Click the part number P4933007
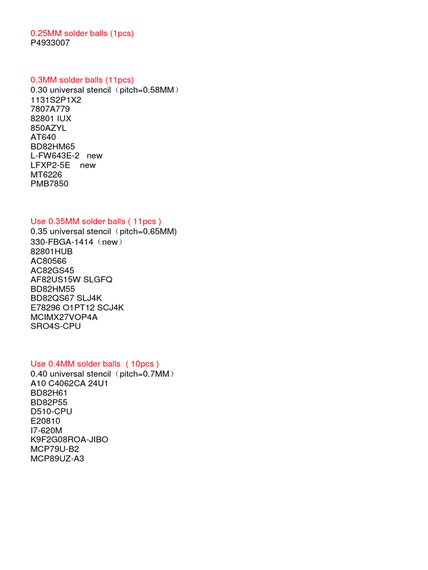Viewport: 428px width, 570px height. (50, 43)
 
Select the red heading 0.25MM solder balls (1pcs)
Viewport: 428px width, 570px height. (82, 33)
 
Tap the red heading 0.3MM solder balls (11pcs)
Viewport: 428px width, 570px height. (82, 80)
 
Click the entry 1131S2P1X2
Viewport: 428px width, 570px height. (56, 100)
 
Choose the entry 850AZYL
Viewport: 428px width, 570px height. (48, 127)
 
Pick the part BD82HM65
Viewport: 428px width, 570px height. (53, 146)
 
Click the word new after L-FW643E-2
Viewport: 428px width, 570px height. (95, 156)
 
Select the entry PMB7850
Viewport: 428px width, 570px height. (50, 184)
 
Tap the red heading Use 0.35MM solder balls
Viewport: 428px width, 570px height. (96, 222)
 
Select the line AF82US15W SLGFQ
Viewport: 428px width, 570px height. (71, 279)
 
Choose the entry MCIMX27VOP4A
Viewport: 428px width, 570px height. (64, 317)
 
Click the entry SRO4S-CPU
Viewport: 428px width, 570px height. (56, 326)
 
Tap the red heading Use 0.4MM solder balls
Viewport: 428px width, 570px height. (95, 364)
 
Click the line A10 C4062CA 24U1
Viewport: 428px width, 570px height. (69, 383)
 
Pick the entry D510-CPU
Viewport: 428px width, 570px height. (51, 411)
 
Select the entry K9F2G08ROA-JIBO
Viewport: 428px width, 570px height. (69, 440)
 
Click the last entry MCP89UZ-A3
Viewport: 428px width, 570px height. (57, 459)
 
